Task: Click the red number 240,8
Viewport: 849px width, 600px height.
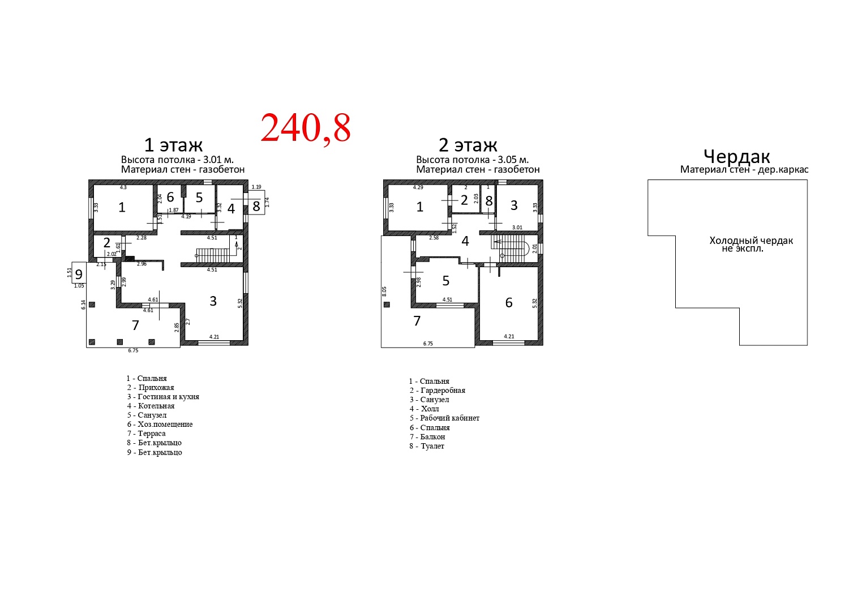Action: tap(306, 128)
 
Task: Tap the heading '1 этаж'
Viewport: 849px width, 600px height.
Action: tap(173, 145)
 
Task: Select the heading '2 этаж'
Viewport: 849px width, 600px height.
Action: tap(468, 145)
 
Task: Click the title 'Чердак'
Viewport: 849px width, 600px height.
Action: tap(737, 156)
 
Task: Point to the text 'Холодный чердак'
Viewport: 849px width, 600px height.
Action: tap(751, 241)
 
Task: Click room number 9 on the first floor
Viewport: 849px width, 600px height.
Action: tap(79, 273)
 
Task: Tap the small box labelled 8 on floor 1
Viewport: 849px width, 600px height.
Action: tap(256, 206)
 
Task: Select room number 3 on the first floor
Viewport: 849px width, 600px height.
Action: tap(213, 301)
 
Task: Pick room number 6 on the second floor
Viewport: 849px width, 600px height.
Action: tap(509, 302)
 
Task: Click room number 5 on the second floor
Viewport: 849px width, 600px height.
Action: tap(446, 281)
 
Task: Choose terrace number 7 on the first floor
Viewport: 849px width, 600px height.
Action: tap(135, 325)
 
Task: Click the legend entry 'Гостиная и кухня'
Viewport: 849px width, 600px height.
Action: tap(168, 396)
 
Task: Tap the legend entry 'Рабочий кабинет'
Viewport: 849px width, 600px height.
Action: tap(449, 418)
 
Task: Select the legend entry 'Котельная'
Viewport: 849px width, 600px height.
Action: tap(156, 405)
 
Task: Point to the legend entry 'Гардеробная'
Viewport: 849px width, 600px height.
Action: tap(443, 390)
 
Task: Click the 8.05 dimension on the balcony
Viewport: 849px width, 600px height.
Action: tap(384, 291)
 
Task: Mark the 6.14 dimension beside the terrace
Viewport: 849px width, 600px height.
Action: tap(83, 305)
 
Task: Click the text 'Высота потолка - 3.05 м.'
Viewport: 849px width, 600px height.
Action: tap(472, 160)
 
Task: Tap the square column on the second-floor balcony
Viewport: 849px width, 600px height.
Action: tap(387, 305)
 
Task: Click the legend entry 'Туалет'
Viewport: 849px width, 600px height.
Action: tap(432, 445)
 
